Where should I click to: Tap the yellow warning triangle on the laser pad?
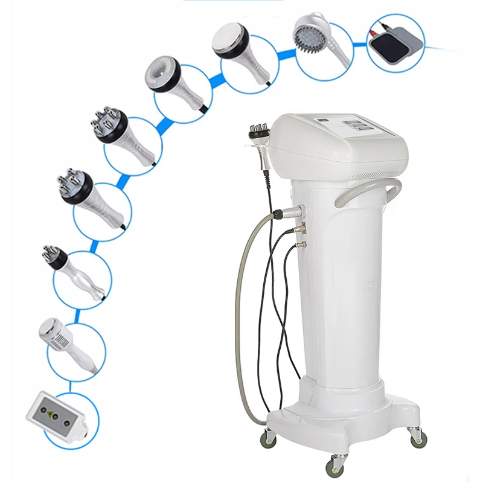point(51,416)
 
